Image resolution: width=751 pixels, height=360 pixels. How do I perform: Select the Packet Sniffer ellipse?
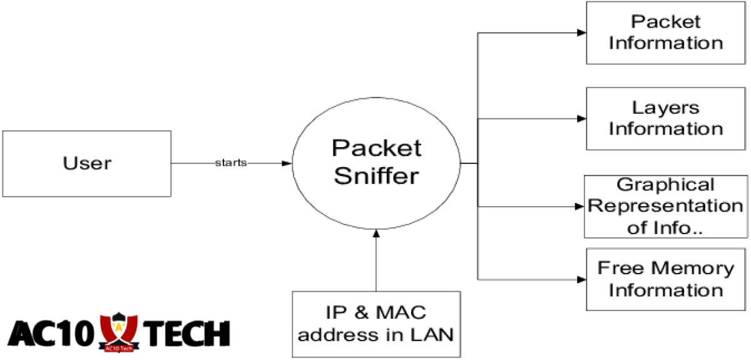(x=376, y=163)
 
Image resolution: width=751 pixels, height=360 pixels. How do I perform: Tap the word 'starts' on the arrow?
(x=231, y=163)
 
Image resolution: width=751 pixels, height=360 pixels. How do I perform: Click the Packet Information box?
(x=666, y=33)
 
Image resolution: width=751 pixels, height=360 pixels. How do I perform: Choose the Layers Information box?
(x=666, y=118)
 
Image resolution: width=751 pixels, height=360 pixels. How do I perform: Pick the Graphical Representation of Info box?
(x=666, y=206)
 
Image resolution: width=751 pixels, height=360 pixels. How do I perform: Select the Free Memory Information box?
(x=666, y=279)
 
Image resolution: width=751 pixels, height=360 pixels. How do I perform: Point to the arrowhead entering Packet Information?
(x=581, y=33)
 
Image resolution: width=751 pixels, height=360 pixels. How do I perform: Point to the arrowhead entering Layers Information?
(x=581, y=118)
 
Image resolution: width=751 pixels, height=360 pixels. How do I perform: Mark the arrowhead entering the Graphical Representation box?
(x=580, y=206)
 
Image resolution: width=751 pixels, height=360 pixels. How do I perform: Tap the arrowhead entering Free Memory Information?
(x=581, y=279)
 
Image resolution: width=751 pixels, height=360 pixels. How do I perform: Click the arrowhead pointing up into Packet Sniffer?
(x=376, y=234)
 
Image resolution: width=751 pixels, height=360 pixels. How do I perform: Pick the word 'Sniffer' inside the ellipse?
(x=376, y=176)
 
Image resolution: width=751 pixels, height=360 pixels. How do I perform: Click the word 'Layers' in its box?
(x=666, y=107)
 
